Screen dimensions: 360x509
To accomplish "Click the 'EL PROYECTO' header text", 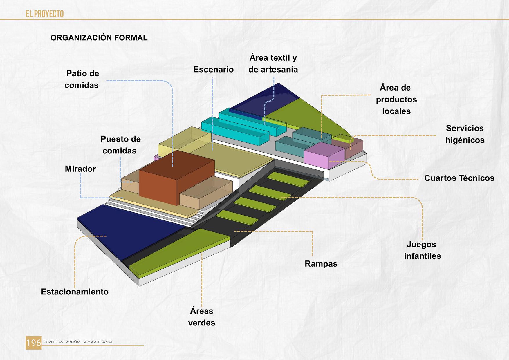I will (x=45, y=14).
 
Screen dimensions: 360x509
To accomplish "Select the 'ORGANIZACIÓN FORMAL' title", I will (x=99, y=38).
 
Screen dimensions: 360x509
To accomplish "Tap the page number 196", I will (x=34, y=343).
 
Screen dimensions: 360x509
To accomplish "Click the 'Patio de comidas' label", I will (x=82, y=79).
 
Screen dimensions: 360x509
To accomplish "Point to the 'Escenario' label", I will (x=213, y=70).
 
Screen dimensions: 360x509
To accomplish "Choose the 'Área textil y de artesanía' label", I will (x=273, y=64).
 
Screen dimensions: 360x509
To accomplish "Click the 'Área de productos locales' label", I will (x=396, y=99).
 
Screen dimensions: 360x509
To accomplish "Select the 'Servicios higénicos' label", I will (x=465, y=134).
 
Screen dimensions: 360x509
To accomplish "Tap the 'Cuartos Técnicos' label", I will (x=459, y=178).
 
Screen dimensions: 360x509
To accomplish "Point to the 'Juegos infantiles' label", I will (x=422, y=250).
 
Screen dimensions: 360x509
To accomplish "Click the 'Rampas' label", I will (x=321, y=264).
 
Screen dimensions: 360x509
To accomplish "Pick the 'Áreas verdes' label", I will (x=202, y=317).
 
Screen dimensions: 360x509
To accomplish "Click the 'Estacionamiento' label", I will (x=75, y=292).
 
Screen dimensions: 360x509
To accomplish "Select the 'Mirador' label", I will (x=80, y=169).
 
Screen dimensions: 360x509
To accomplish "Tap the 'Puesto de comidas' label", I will (x=120, y=145).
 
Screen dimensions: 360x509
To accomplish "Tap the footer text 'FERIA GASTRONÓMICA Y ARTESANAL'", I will (x=78, y=342).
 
